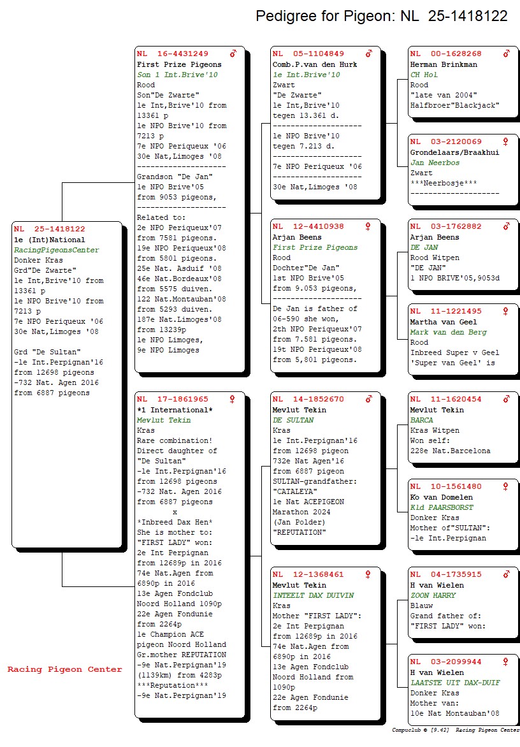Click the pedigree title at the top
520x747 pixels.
click(x=382, y=16)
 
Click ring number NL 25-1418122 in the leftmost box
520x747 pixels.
click(x=50, y=229)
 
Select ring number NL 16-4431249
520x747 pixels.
click(x=173, y=54)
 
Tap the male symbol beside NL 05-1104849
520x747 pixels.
click(x=369, y=54)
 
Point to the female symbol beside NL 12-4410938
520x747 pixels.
click(x=368, y=226)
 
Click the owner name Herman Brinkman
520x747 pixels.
click(x=444, y=64)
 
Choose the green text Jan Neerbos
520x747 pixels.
click(x=435, y=163)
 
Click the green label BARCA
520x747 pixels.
click(x=421, y=420)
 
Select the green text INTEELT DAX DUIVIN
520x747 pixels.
click(x=314, y=595)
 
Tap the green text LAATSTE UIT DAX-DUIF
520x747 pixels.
click(x=455, y=683)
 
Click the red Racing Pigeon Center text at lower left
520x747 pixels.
click(x=65, y=669)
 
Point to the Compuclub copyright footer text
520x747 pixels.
click(x=456, y=730)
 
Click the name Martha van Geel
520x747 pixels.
click(x=444, y=322)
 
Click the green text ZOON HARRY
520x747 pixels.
click(x=433, y=595)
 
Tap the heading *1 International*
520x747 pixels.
click(x=175, y=410)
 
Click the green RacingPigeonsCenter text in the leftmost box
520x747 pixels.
click(x=57, y=250)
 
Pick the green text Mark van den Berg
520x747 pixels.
click(x=449, y=332)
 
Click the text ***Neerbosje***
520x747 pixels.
click(x=444, y=183)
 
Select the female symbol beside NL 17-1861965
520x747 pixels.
click(x=233, y=399)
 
